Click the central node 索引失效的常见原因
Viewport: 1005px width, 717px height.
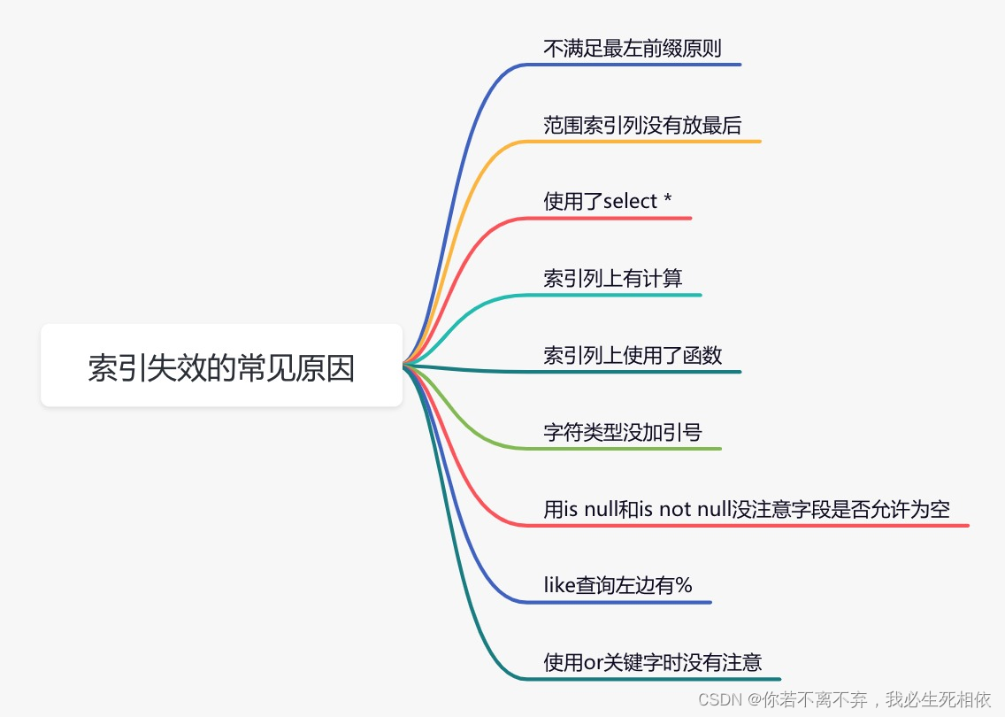tap(221, 366)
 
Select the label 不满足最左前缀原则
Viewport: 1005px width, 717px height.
tap(632, 48)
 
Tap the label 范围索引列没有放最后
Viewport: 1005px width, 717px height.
tap(642, 125)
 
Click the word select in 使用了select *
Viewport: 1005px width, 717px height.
tap(630, 201)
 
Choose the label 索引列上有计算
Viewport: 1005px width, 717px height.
tap(613, 278)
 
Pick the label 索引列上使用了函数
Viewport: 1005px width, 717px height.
tap(633, 355)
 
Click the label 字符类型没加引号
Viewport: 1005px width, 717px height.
tap(622, 432)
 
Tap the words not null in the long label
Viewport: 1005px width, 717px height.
tap(695, 509)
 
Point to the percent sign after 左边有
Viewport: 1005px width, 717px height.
tap(684, 585)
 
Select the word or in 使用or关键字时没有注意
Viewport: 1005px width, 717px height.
tap(593, 662)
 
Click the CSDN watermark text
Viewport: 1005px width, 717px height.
tap(844, 699)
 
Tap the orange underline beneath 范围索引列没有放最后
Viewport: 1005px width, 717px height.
tap(641, 141)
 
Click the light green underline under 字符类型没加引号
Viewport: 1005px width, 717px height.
tap(621, 448)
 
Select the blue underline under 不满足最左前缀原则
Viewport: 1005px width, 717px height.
tap(632, 64)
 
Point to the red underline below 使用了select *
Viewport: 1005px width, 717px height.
tap(606, 218)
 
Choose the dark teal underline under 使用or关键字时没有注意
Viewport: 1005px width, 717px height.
tap(650, 679)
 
